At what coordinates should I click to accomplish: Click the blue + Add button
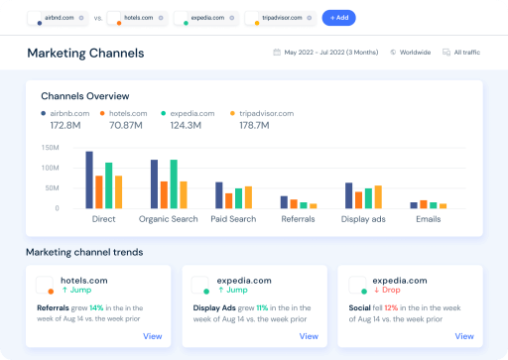[338, 18]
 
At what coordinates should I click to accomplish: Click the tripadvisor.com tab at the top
[280, 18]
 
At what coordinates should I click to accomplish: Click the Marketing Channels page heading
[85, 53]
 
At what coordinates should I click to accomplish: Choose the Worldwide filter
[411, 53]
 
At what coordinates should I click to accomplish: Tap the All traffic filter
[463, 53]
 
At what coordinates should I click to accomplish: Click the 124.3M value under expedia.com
[188, 126]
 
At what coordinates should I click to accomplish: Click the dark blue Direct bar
[89, 180]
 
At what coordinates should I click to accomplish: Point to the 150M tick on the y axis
[50, 148]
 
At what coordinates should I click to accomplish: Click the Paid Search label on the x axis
[233, 219]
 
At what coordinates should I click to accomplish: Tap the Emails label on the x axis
[429, 219]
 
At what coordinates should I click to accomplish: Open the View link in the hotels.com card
[152, 336]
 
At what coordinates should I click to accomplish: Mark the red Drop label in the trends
[388, 291]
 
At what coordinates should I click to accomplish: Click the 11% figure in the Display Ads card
[262, 308]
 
